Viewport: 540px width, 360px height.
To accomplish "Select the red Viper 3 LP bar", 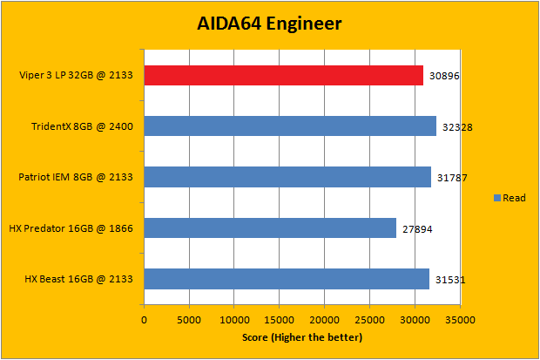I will pos(283,76).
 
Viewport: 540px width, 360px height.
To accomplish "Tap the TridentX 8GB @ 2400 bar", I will pos(289,126).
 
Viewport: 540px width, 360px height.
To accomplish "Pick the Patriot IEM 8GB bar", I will pos(287,178).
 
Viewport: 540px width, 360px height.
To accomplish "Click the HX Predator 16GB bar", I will pos(270,228).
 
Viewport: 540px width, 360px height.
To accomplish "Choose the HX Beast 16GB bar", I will pos(287,279).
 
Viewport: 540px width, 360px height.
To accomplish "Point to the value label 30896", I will pos(445,77).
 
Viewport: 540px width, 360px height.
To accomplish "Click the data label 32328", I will pos(457,127).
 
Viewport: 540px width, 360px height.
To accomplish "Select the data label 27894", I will pos(417,229).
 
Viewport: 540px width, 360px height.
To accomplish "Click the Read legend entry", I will pos(510,198).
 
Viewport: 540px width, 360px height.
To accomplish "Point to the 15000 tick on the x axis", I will pos(280,320).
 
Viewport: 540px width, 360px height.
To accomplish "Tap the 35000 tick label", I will pos(460,320).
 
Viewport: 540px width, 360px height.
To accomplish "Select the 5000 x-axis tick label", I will pos(189,320).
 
